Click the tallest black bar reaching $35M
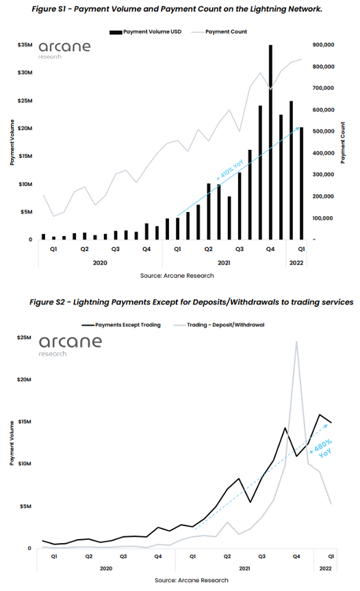click(x=270, y=142)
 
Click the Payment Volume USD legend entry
click(x=146, y=32)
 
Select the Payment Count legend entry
click(x=219, y=32)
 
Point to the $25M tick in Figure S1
click(x=25, y=101)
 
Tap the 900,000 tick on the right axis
click(x=324, y=45)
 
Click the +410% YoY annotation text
click(x=230, y=170)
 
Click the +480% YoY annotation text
click(x=322, y=448)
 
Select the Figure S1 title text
click(x=177, y=9)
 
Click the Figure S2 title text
click(x=192, y=302)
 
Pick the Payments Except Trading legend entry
click(x=121, y=325)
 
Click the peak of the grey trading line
click(x=296, y=342)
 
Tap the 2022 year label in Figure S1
click(x=296, y=263)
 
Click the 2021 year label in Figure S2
click(x=244, y=568)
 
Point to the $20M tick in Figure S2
click(x=24, y=380)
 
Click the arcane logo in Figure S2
click(x=70, y=345)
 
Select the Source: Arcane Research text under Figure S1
click(x=177, y=276)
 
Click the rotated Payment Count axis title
click(x=343, y=142)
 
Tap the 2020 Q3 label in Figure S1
click(x=116, y=249)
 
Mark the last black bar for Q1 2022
click(x=301, y=183)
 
